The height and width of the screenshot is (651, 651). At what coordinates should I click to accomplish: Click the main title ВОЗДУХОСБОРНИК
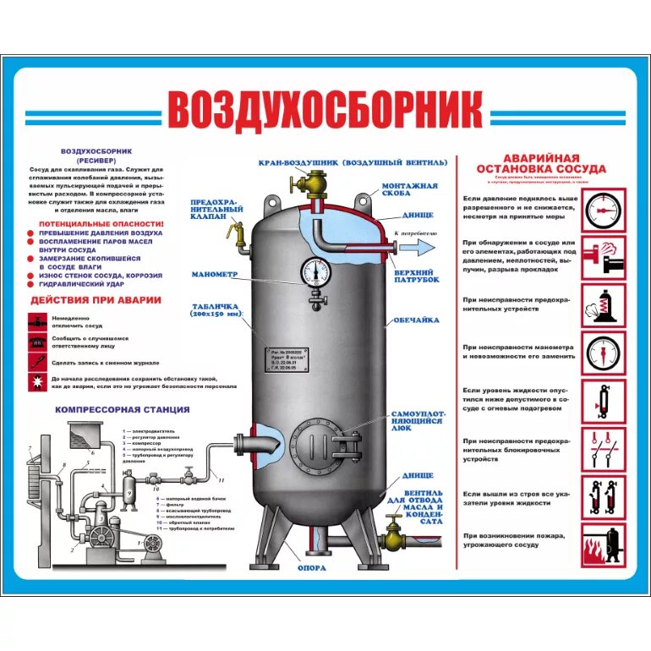pos(325,110)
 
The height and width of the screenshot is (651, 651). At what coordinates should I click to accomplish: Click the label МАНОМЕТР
pos(215,275)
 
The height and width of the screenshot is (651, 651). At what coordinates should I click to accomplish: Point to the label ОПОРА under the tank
pos(311,567)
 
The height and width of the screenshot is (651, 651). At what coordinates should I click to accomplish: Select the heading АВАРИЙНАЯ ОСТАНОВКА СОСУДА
pos(542,163)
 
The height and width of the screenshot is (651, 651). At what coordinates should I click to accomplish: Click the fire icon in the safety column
pos(604,549)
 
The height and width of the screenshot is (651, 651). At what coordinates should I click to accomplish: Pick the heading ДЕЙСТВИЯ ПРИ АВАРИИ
pos(96,300)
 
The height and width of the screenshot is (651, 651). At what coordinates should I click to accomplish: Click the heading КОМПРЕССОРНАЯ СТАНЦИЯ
pos(123,409)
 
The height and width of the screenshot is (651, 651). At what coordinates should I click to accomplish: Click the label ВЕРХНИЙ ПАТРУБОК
pos(417,277)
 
